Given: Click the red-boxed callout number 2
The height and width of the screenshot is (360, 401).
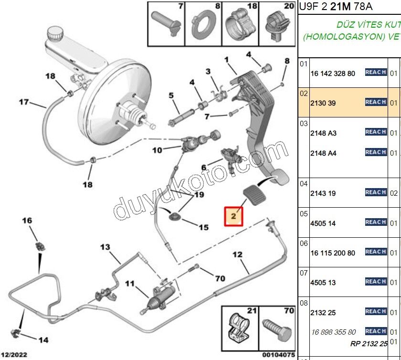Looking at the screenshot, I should click(234, 216).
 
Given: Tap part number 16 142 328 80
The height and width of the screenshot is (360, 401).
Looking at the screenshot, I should click(333, 74).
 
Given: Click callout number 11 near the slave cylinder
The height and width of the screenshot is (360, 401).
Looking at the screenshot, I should click(130, 283).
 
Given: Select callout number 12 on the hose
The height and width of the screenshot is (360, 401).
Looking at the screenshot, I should click(237, 254).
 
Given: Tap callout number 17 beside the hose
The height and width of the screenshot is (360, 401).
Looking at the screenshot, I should click(24, 101).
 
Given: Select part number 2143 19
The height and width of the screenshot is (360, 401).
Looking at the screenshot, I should click(324, 193).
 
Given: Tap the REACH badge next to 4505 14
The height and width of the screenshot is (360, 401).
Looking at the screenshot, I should click(376, 222).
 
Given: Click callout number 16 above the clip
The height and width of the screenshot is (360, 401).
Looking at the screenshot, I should click(27, 220).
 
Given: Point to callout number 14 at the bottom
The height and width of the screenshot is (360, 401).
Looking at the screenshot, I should click(43, 340).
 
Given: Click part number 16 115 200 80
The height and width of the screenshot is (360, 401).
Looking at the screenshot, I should click(333, 253).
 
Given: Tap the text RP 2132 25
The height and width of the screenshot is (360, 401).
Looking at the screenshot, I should click(368, 343).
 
